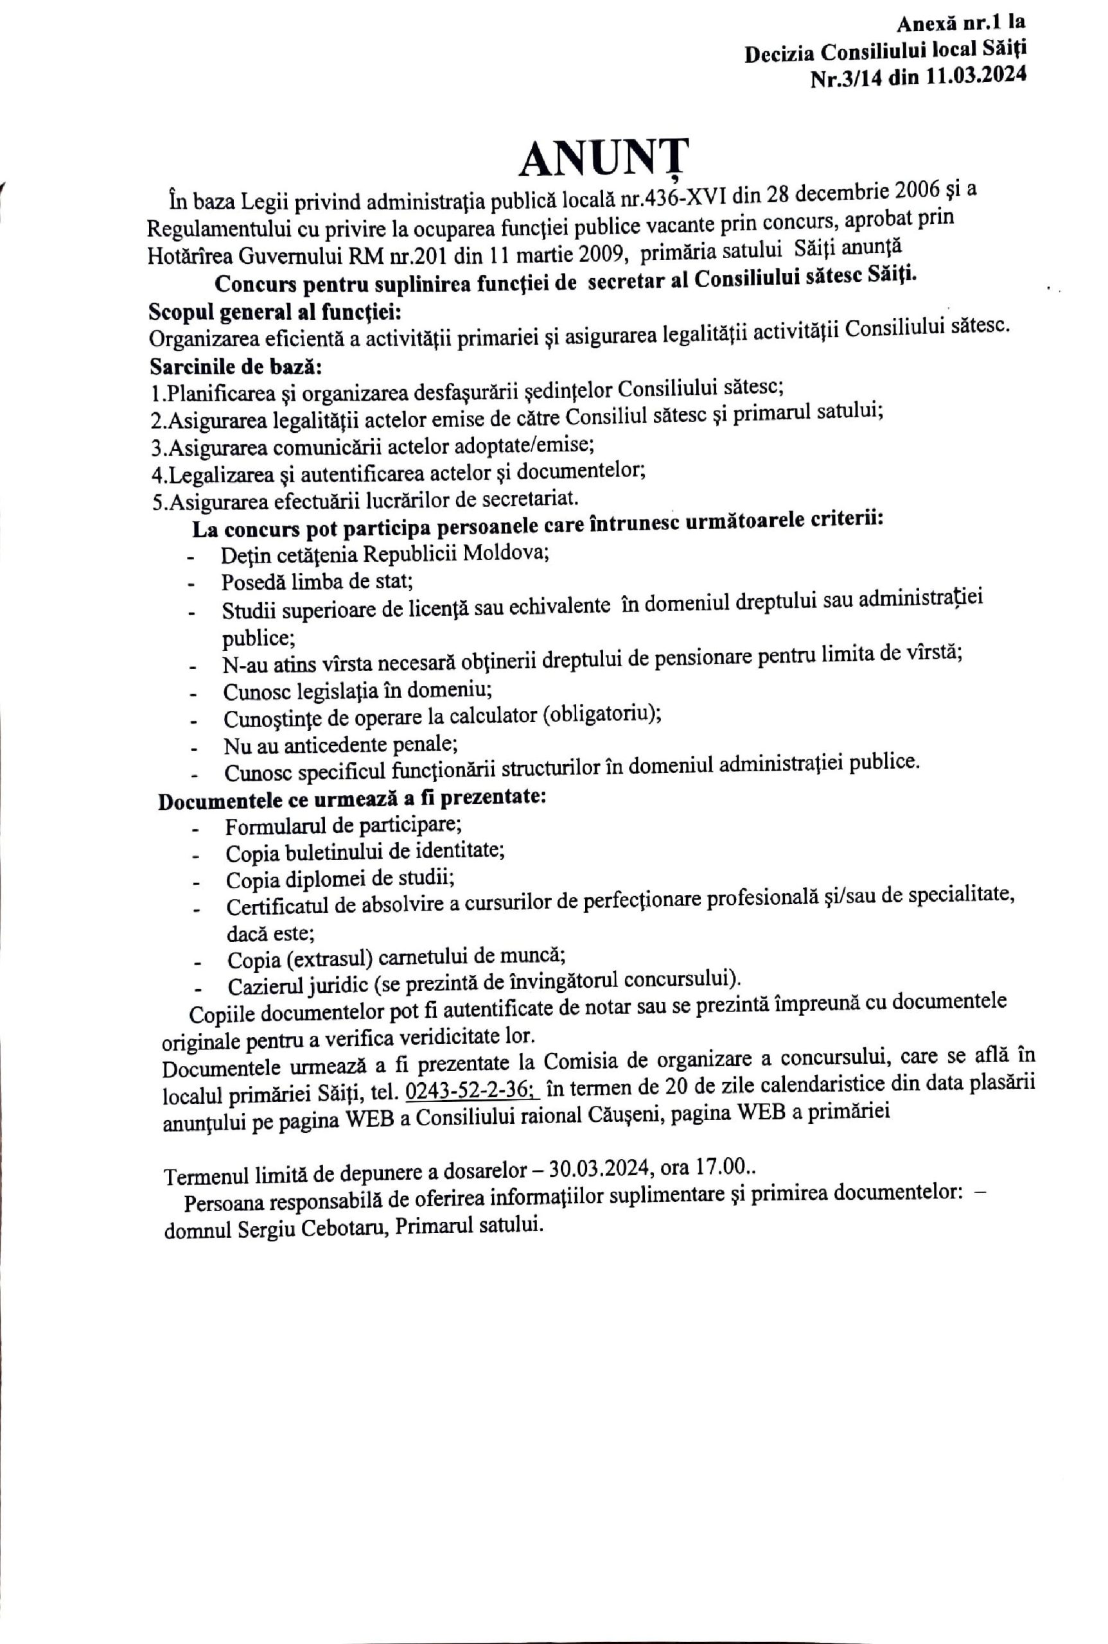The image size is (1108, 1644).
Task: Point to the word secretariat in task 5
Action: point(529,498)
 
